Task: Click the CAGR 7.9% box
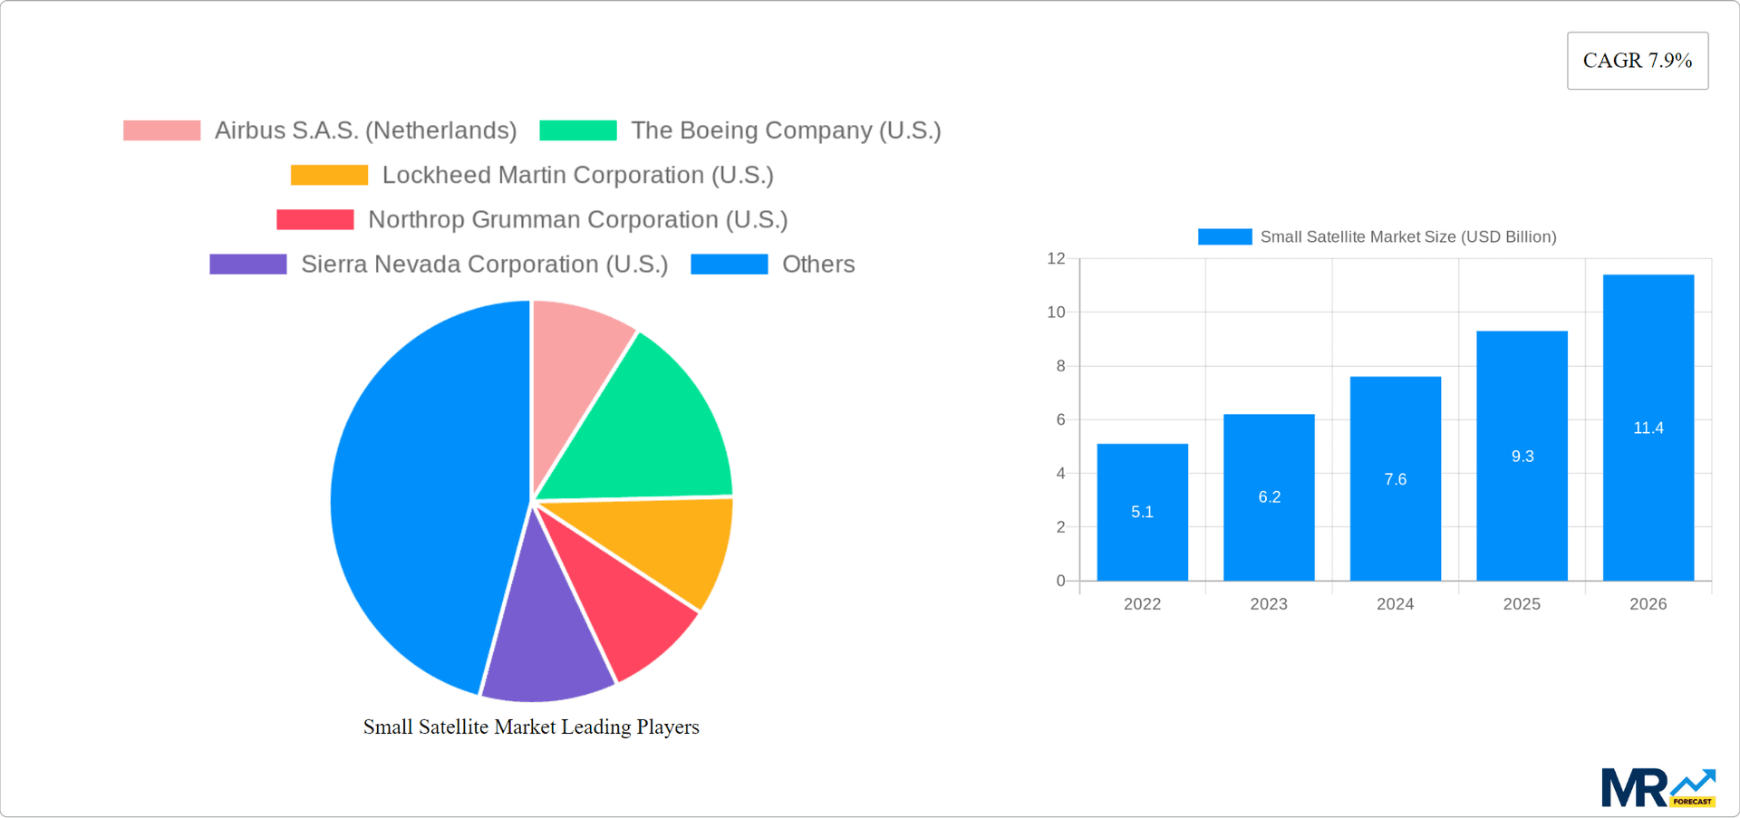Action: [x=1637, y=61]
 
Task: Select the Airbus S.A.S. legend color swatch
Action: [x=161, y=130]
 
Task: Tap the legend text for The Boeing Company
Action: [x=786, y=130]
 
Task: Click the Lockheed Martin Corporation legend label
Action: [x=577, y=175]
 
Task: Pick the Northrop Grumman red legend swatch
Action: [x=314, y=219]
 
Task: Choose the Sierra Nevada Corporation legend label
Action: [x=484, y=265]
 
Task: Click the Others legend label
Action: [x=817, y=265]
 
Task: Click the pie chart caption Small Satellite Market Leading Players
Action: [x=531, y=727]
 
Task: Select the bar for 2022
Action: [x=1142, y=512]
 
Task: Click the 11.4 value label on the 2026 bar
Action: [x=1648, y=428]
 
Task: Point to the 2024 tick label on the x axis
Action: [x=1395, y=604]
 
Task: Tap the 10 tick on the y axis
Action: [x=1056, y=313]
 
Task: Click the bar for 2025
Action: [x=1522, y=456]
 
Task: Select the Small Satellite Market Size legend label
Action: [x=1407, y=236]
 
